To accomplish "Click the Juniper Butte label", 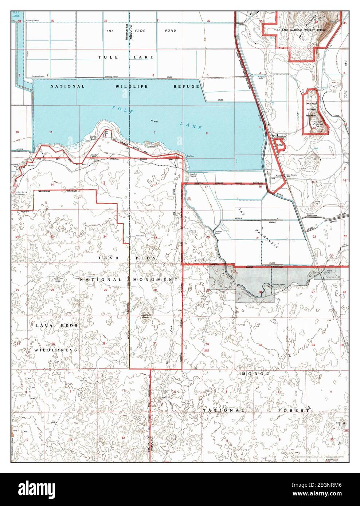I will click(145, 316).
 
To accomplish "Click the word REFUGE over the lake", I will click(187, 86).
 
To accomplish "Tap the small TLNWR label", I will click(280, 145).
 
